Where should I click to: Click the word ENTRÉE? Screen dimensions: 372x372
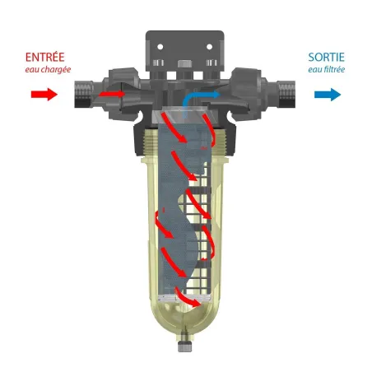(44, 57)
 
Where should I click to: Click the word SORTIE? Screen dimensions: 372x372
(326, 57)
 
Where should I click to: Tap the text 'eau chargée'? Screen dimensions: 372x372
(48, 70)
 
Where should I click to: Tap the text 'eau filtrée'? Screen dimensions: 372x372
(326, 70)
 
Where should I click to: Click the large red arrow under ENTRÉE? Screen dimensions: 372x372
(44, 95)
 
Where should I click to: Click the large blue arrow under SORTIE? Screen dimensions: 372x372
(328, 95)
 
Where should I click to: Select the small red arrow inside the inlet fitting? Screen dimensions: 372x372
(112, 94)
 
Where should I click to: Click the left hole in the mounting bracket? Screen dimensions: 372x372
(160, 47)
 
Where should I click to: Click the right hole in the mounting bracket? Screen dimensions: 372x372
(209, 47)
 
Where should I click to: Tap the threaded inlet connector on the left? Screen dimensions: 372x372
(83, 94)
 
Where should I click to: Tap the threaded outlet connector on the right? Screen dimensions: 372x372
(286, 94)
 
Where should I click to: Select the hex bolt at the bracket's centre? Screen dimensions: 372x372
(185, 64)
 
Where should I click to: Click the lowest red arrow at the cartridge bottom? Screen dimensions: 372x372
(188, 297)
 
